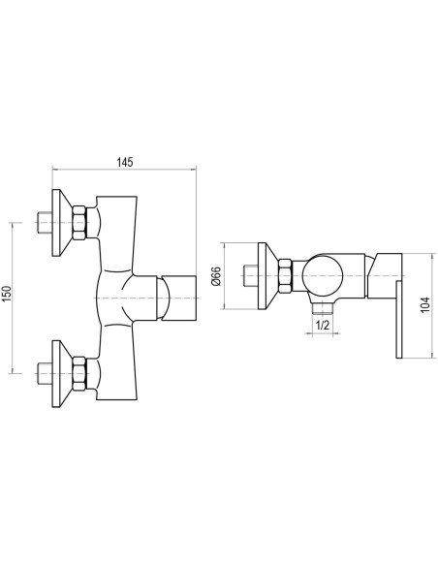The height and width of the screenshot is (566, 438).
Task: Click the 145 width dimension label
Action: (124, 162)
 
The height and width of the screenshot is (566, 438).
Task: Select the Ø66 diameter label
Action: (216, 276)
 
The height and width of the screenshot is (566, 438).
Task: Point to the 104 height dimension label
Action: (425, 304)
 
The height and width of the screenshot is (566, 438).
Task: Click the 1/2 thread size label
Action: (323, 326)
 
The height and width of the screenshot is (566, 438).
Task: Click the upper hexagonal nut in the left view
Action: (79, 222)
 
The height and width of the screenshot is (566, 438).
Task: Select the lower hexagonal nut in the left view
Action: (79, 373)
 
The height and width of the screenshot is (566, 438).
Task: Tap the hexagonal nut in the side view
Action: (285, 276)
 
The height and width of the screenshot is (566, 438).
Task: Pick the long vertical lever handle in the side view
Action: (399, 320)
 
